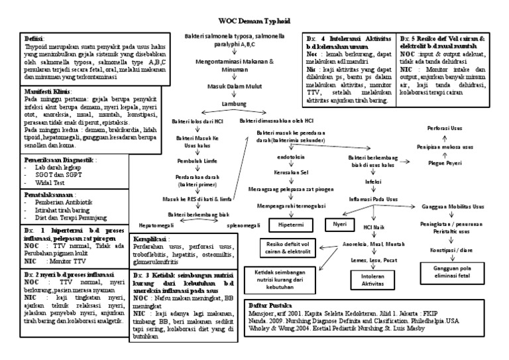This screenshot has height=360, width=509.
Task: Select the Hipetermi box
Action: click(292, 225)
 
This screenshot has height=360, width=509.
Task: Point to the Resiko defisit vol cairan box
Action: click(287, 249)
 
